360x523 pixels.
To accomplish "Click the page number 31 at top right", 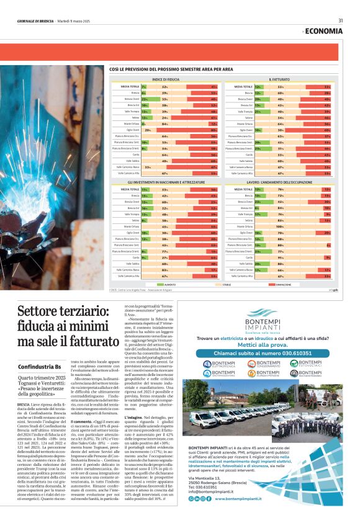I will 340,20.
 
